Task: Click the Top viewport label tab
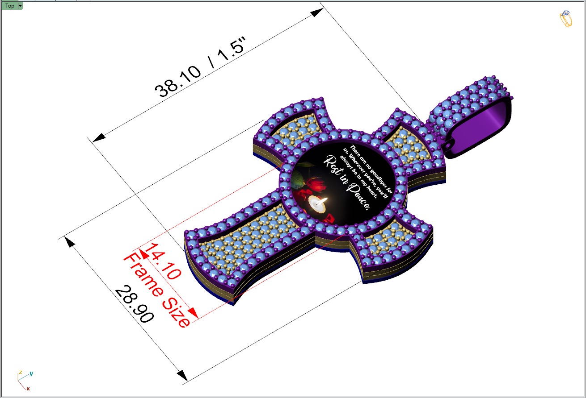point(9,6)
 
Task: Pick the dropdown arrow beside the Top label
point(20,6)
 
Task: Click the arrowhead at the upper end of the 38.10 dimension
point(317,12)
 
